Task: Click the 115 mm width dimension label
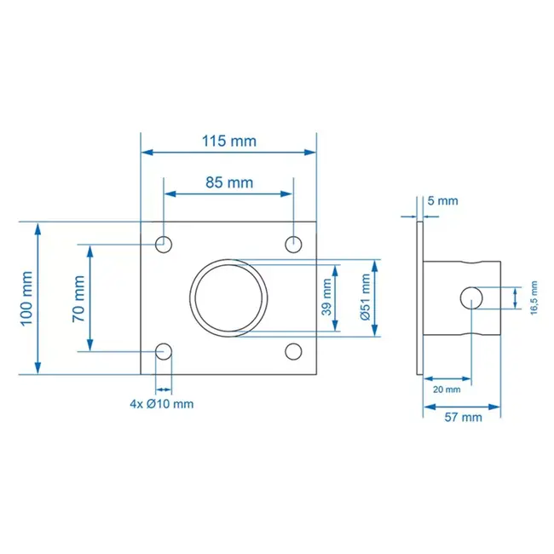(228, 141)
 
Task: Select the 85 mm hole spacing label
(228, 182)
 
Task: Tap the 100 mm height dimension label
(26, 297)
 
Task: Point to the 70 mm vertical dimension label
(78, 297)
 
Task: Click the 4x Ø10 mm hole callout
(161, 403)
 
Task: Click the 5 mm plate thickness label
(442, 201)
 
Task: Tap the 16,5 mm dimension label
(534, 297)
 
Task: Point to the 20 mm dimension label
(443, 389)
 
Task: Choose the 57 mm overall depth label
(464, 417)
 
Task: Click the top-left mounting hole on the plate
(164, 245)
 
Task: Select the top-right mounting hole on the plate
(293, 245)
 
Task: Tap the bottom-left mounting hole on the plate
(164, 350)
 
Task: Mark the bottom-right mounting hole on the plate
(293, 350)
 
